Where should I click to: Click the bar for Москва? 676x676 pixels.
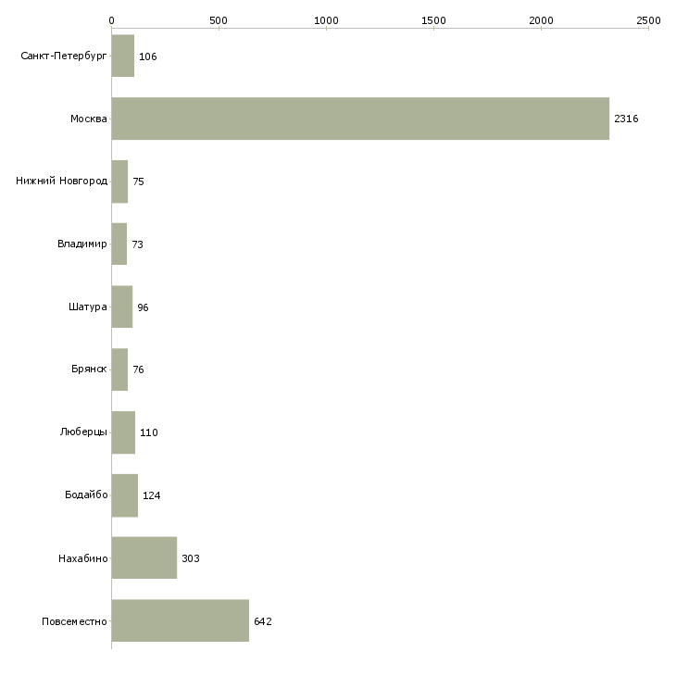pos(360,119)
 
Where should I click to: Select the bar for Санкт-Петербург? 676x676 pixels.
pos(123,56)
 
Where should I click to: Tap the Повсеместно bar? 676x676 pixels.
pos(181,620)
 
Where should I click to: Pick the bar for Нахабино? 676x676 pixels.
pos(144,557)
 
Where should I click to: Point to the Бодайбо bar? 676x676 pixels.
pos(125,495)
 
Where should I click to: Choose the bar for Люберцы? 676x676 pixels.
pos(123,432)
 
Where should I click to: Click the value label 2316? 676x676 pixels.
pos(626,119)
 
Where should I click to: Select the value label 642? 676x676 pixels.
pos(263,621)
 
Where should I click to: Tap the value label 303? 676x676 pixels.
pos(191,558)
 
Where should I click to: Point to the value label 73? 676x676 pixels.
pos(138,244)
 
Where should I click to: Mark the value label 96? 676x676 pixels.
pos(143,307)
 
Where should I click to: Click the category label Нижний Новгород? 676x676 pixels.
pos(62,181)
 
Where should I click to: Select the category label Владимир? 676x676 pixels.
pos(81,244)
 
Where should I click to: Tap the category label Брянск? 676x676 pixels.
pos(89,369)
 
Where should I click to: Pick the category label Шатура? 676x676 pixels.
pos(88,307)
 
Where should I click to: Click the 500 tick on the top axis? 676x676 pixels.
pos(219,20)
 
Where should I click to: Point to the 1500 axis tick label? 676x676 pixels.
pos(433,20)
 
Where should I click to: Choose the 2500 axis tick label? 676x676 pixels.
pos(648,20)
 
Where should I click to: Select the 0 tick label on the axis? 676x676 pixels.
pos(112,20)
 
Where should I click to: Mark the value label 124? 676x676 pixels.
pos(151,495)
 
